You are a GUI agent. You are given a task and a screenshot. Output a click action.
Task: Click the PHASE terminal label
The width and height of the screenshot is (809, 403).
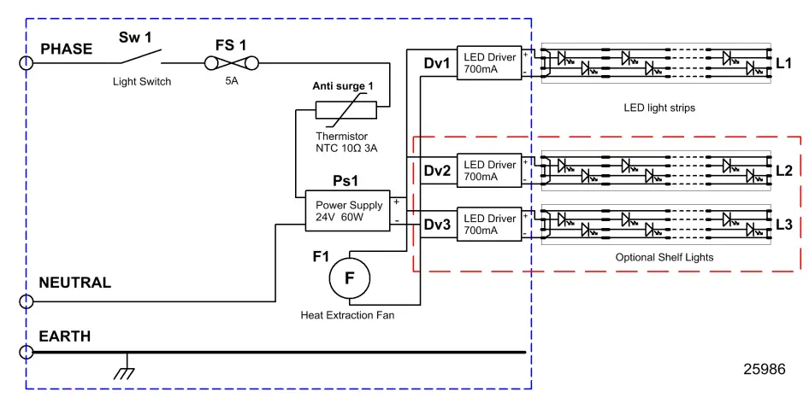click(x=66, y=49)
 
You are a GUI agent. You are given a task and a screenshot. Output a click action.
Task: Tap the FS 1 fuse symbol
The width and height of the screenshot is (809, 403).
click(x=232, y=61)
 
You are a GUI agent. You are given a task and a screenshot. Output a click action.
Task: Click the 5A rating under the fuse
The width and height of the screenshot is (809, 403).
click(x=232, y=83)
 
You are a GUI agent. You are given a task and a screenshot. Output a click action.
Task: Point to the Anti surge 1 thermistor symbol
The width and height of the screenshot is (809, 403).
click(x=345, y=110)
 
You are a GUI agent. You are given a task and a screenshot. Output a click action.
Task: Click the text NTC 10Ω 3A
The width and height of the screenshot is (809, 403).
click(x=346, y=149)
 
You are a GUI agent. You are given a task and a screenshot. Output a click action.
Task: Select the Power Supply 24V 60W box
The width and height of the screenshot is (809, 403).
click(x=347, y=211)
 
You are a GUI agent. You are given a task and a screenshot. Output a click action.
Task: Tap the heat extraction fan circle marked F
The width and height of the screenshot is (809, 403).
click(x=349, y=277)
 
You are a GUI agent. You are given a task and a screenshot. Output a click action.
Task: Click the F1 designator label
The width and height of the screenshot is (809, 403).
click(x=321, y=255)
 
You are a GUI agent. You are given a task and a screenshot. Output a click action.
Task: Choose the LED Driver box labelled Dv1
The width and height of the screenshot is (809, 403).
click(x=489, y=62)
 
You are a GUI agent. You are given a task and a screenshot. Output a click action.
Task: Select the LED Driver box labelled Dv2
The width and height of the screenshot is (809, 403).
click(x=489, y=171)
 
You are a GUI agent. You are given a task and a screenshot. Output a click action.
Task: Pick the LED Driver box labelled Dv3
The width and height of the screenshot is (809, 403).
click(x=489, y=225)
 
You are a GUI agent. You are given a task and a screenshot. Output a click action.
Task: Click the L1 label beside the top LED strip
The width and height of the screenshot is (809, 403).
click(x=784, y=63)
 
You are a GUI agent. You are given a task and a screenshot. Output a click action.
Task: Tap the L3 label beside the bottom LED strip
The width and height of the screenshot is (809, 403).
click(x=784, y=225)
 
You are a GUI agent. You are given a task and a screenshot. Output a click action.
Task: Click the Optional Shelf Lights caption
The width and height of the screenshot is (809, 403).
click(x=664, y=257)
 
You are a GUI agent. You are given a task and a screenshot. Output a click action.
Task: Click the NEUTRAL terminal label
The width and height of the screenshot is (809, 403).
click(x=75, y=283)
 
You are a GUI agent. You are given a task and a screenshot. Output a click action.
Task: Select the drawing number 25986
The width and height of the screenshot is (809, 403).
click(x=763, y=369)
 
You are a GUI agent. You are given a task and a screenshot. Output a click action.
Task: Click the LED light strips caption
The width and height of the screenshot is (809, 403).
click(x=659, y=108)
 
